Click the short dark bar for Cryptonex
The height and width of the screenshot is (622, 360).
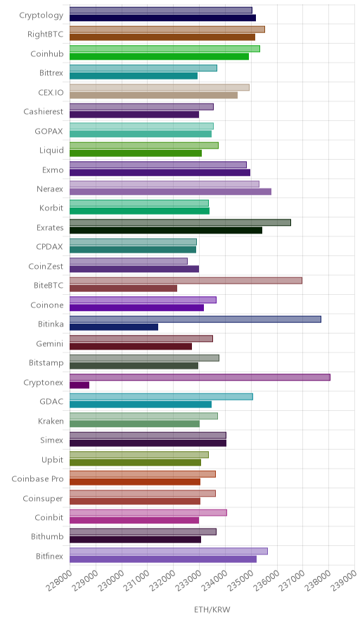tap(79, 385)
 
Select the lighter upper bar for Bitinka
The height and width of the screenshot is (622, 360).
tap(195, 319)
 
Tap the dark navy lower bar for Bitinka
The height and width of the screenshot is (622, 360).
tap(114, 327)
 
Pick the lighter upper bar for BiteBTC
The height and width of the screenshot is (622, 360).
tap(186, 281)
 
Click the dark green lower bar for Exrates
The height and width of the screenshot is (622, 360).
tap(166, 230)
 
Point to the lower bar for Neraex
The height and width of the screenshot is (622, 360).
tap(170, 191)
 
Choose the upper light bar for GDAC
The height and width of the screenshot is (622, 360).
tap(161, 397)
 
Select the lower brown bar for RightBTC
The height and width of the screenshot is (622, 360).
tap(162, 37)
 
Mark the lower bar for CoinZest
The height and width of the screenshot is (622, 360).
tap(134, 269)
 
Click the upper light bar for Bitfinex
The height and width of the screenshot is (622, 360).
tap(169, 551)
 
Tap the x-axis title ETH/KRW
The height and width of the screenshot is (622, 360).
tap(212, 609)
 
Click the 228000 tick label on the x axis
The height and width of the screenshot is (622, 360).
tap(59, 580)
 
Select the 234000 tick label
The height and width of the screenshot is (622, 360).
tap(214, 580)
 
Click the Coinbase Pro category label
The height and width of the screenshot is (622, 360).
tap(38, 478)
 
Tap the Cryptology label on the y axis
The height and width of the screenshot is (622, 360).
tap(41, 15)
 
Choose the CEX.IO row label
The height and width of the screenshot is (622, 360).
tap(51, 92)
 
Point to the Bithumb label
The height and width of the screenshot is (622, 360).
tap(47, 536)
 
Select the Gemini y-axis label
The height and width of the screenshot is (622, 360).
tap(49, 343)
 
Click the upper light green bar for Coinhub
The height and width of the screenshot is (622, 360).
tap(165, 49)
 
